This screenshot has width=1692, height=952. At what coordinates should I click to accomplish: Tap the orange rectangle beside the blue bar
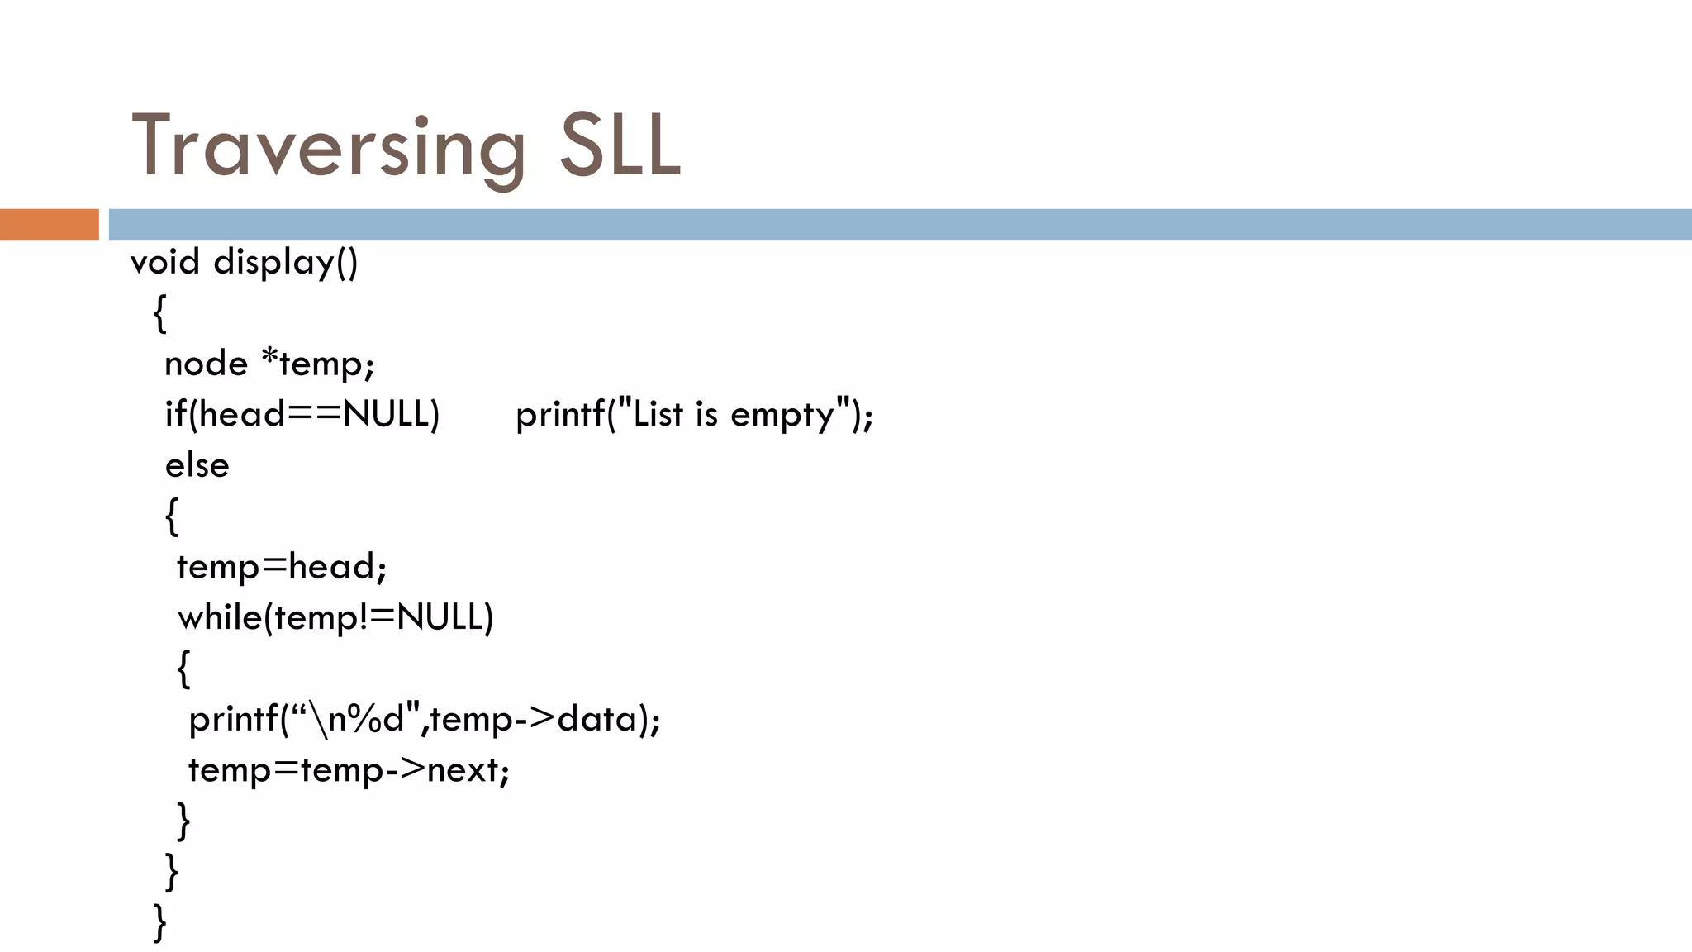pos(49,225)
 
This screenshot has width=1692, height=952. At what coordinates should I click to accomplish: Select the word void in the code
pos(165,262)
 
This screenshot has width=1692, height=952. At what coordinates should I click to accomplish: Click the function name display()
pos(286,263)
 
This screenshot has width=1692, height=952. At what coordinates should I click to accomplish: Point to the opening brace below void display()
pos(159,313)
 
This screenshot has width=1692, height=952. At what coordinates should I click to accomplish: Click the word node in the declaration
pos(206,364)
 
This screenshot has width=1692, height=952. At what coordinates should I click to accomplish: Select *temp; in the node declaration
pos(318,364)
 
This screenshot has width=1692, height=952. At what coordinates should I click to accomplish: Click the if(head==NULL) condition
pos(302,414)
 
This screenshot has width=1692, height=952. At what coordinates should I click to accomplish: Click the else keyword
pos(197,465)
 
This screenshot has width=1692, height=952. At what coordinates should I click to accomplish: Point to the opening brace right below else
pos(172,516)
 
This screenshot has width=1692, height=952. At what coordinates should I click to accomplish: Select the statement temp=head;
pos(282,567)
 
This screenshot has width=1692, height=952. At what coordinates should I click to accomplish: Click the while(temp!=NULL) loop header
pos(335,617)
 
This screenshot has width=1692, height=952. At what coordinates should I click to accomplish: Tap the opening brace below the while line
pos(183,668)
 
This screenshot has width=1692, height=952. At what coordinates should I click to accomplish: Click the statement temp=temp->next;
pos(349,770)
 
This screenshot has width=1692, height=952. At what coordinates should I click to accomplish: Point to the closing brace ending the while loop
pos(183,820)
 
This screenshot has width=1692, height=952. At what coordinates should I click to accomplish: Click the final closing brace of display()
pos(159,921)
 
